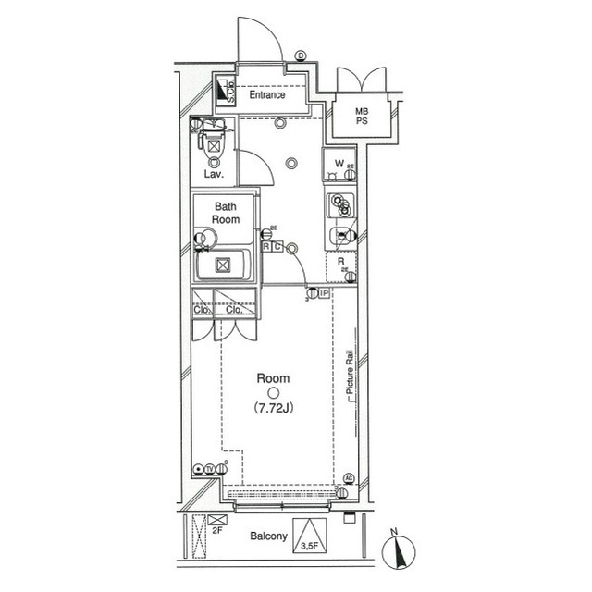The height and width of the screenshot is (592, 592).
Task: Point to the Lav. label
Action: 212,174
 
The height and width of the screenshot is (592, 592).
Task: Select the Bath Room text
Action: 227,213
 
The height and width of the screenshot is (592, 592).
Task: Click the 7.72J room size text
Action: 273,407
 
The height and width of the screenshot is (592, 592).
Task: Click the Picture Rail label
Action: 351,375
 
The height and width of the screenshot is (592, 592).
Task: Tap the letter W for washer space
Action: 339,165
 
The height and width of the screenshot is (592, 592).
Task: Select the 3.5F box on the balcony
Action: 311,544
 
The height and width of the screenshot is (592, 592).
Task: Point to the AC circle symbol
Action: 349,478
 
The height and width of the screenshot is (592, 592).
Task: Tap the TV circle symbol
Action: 210,469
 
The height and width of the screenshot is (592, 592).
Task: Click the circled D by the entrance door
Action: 301,56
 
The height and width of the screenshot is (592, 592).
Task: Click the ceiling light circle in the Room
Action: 273,391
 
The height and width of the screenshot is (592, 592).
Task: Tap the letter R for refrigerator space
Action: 342,262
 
